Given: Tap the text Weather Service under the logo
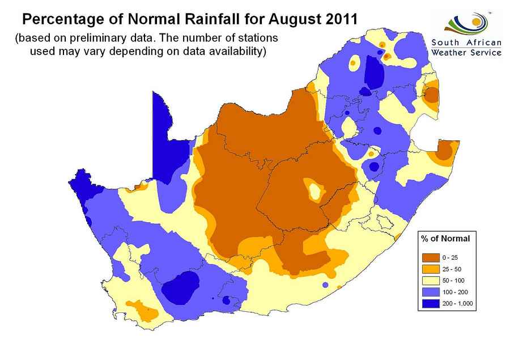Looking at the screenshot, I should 466,53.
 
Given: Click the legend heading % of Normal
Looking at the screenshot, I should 445,238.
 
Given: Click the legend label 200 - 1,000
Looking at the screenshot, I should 457,304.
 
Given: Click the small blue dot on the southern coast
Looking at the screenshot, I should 325,285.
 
